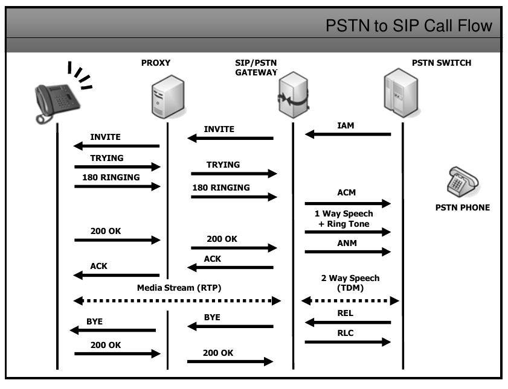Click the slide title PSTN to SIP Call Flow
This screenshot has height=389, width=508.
click(409, 26)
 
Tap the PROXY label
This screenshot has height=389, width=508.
click(156, 62)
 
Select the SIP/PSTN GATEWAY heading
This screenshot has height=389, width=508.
click(256, 68)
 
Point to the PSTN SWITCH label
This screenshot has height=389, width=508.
click(442, 62)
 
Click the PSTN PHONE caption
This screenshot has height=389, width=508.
click(463, 208)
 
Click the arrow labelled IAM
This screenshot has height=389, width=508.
click(348, 134)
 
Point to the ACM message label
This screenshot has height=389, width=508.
click(347, 192)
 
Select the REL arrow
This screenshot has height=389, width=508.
click(348, 322)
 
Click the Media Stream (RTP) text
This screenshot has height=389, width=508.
click(179, 288)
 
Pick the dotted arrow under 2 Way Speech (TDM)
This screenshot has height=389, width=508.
click(350, 300)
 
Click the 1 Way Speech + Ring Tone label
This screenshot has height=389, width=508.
click(344, 219)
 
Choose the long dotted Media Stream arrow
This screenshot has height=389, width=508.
click(177, 300)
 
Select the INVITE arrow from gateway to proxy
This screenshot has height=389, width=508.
click(230, 138)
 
